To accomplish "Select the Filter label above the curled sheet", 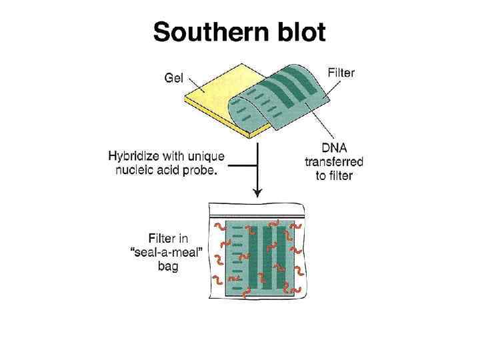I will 341,73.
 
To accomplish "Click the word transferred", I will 334,163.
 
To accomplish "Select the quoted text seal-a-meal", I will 159,252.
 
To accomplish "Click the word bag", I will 168,267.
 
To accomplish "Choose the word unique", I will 207,157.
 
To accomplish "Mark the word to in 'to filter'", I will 321,176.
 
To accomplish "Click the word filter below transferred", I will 341,176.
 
